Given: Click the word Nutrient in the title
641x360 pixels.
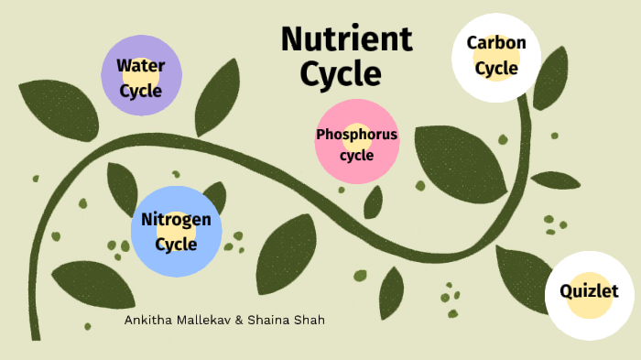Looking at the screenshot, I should [x=346, y=39].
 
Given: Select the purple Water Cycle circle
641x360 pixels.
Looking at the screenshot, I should [x=141, y=75].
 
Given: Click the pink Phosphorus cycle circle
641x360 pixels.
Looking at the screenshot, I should [x=356, y=142].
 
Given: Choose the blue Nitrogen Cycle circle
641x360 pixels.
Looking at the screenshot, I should [x=176, y=231].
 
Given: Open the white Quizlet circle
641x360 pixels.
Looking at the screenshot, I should [x=590, y=294].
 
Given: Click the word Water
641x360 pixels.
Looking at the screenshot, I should [x=141, y=66].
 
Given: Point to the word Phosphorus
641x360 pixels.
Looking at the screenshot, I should [x=357, y=135].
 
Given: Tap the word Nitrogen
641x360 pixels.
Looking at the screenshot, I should [x=176, y=220].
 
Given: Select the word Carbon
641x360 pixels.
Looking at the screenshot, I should [x=495, y=43].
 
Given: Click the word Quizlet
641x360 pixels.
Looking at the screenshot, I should [x=590, y=292].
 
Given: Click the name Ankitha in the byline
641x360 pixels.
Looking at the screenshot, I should [x=150, y=321].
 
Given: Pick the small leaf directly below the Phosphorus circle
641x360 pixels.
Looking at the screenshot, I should [x=373, y=202].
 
